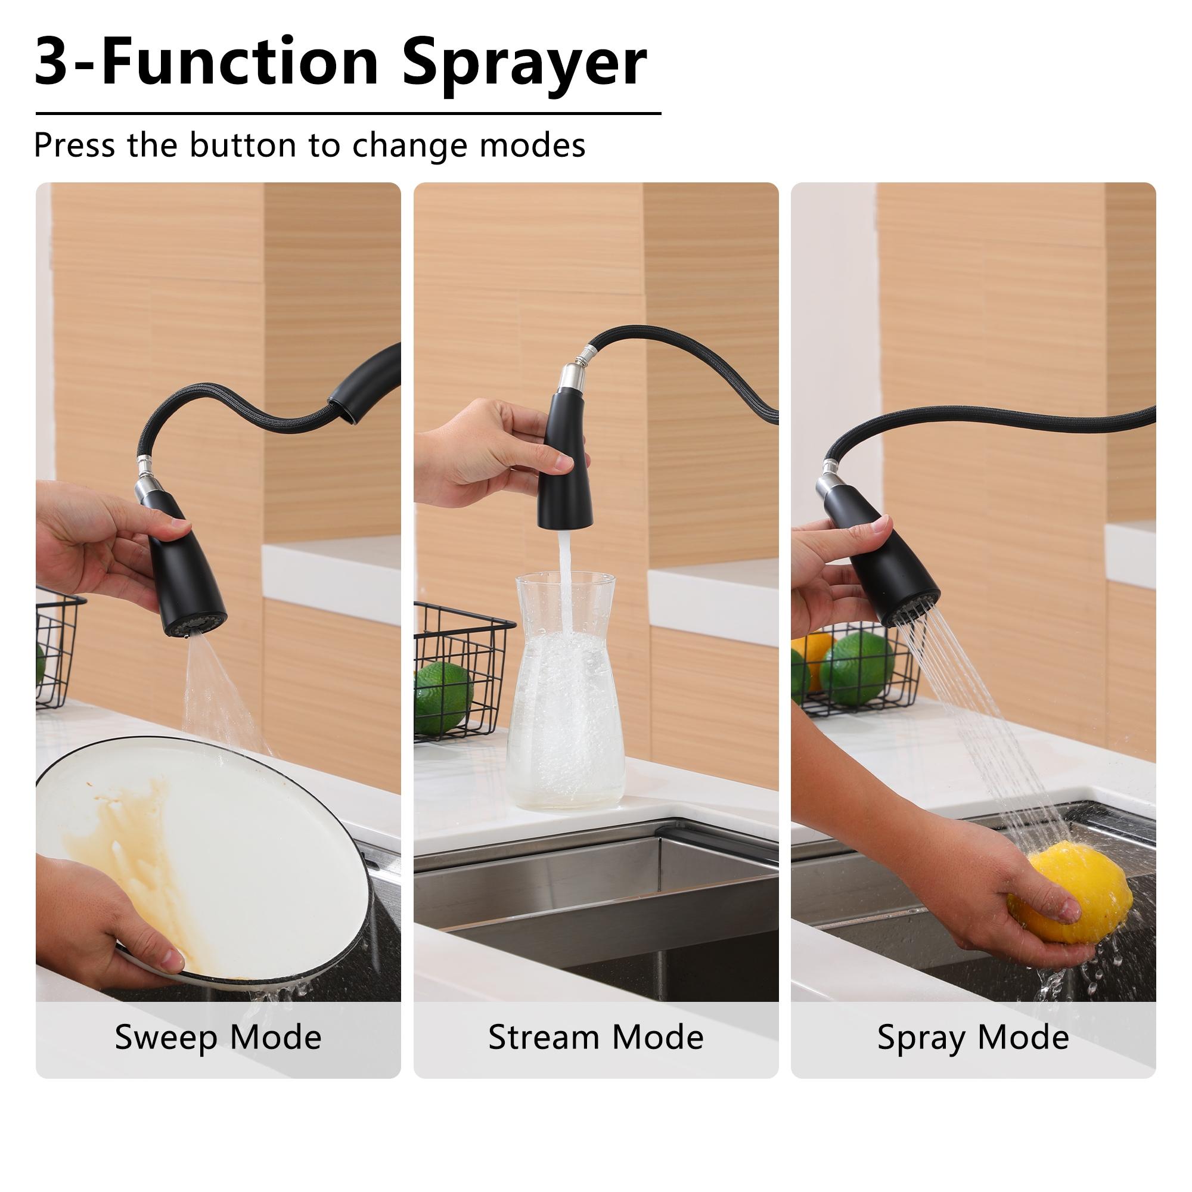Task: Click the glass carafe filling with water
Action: click(565, 697)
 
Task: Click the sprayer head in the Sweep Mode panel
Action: click(185, 574)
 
